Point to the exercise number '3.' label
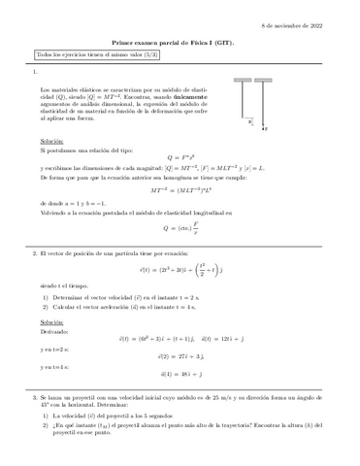(x=35, y=398)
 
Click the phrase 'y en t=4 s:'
(x=55, y=367)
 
